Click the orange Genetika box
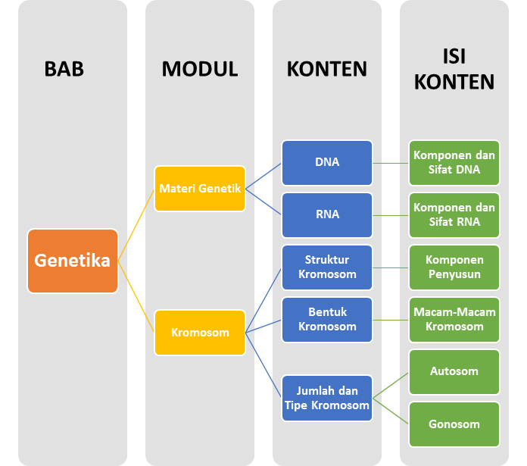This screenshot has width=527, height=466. coord(73,261)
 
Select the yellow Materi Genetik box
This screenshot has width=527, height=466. coord(200,189)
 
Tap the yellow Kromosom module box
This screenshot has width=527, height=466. coord(200,332)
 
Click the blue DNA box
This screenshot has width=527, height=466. coord(327,162)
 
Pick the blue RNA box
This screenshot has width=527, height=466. coord(327,214)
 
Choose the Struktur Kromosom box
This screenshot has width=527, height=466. coord(327,267)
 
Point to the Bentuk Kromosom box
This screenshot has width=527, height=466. coord(327,319)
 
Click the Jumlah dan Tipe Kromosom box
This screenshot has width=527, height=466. coord(327,398)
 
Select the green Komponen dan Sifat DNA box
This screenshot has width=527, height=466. coord(454,162)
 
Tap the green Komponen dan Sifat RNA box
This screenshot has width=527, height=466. coord(454,214)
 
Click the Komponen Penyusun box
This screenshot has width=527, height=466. coord(454,267)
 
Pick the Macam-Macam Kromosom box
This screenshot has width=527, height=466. coord(454,319)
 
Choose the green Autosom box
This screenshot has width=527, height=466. coord(454,371)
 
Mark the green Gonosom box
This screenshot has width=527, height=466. coord(454,424)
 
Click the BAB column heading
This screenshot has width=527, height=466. coord(64,69)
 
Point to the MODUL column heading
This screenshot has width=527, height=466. coord(200,69)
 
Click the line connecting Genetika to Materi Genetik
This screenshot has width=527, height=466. coord(136,225)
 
